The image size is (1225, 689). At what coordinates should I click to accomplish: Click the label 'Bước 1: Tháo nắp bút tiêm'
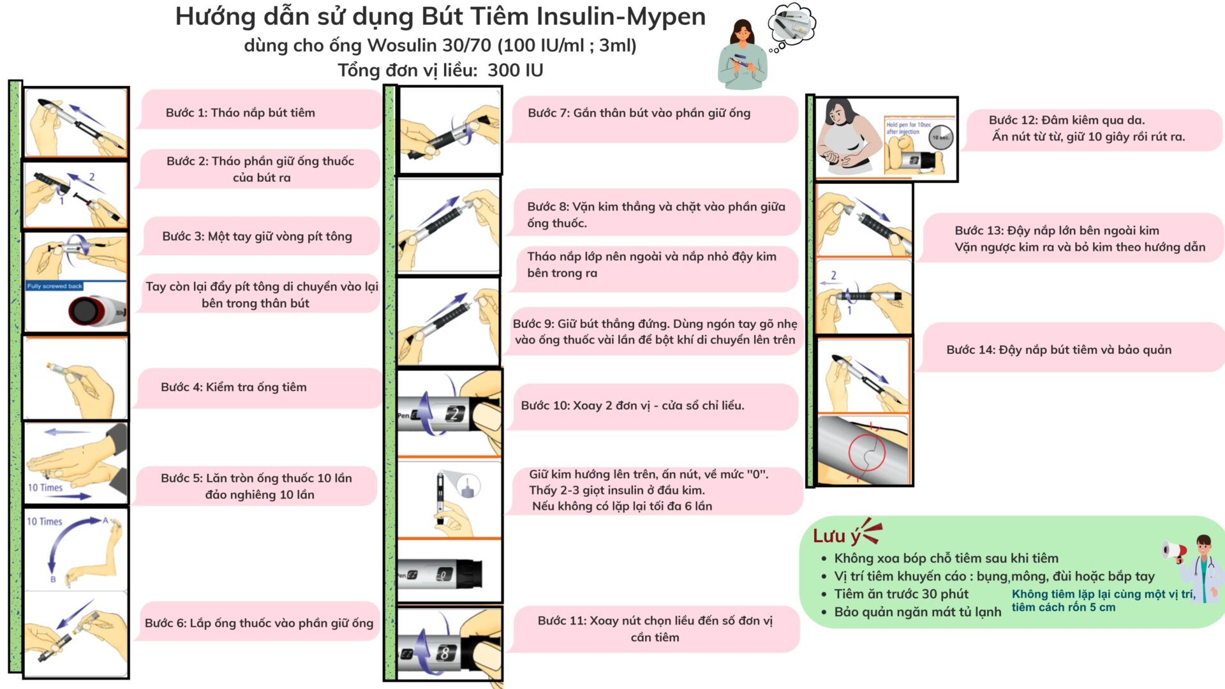click(x=241, y=113)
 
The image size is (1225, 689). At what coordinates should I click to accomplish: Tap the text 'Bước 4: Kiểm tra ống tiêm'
click(x=234, y=387)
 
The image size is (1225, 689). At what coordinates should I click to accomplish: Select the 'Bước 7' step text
click(x=639, y=113)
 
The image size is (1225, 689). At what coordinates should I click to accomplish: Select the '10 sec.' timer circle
click(x=940, y=137)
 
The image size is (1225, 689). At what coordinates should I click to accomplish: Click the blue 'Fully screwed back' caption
click(x=54, y=286)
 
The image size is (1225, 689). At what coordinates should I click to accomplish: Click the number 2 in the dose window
click(x=454, y=415)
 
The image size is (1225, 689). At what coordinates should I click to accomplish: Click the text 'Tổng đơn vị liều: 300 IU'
click(x=440, y=70)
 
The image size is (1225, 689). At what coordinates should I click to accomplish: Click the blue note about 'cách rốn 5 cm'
click(x=1103, y=600)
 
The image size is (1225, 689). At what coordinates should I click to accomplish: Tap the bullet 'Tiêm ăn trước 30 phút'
click(x=901, y=594)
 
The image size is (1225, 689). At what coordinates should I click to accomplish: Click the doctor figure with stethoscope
click(x=1201, y=568)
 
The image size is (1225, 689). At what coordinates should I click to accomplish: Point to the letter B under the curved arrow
click(x=53, y=579)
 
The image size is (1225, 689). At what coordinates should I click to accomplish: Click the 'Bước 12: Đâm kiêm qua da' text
click(x=1067, y=120)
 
